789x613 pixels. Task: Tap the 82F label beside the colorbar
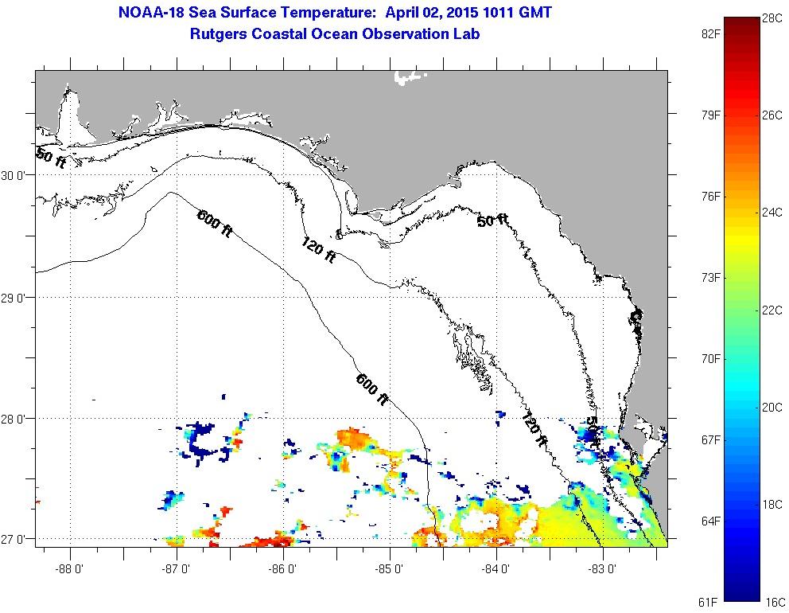point(710,33)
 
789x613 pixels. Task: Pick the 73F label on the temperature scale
point(710,277)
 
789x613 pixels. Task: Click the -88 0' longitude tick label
point(70,568)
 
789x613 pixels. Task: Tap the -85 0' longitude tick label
point(390,568)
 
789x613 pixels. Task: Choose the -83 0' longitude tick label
point(603,568)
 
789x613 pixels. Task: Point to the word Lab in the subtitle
point(467,33)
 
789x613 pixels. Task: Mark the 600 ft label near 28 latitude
point(372,389)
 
